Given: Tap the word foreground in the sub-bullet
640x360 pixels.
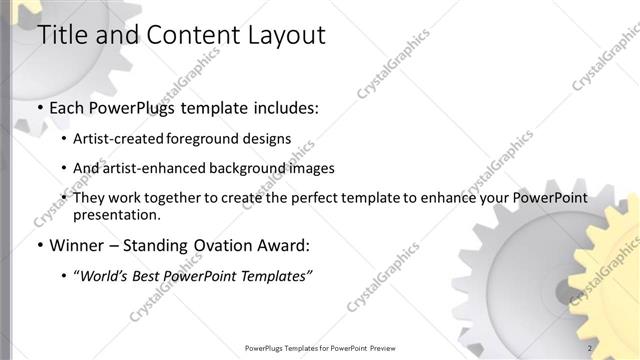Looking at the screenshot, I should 219,139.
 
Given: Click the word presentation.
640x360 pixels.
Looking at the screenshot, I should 116,214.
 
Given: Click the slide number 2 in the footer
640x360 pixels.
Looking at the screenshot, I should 590,348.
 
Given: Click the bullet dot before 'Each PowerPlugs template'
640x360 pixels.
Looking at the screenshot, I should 40,107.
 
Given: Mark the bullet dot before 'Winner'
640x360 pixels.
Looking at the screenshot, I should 40,246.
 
